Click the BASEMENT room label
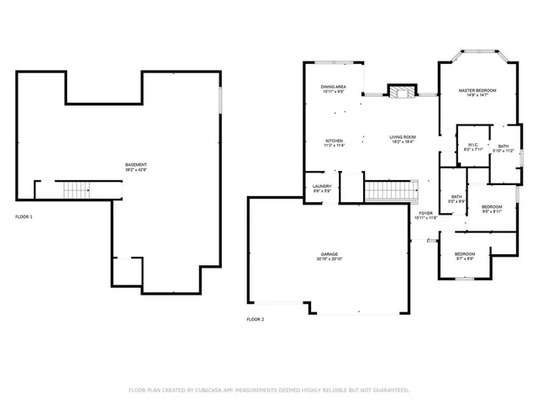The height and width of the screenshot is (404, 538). coord(136,164)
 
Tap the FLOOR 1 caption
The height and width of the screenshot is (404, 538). coord(24,217)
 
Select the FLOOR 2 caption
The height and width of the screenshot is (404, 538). coord(255,320)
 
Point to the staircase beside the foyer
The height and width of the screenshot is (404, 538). coord(391,191)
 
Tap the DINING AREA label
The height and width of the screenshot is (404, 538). coord(334,87)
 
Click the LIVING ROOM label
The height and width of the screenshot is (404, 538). coord(403,136)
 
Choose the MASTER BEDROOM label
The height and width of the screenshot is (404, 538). coord(477,90)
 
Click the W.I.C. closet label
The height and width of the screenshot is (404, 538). coord(473,144)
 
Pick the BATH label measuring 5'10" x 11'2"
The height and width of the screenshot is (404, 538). coord(503,146)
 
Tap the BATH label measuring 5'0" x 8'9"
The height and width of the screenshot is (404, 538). coord(456,197)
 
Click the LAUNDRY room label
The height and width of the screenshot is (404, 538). coord(322,186)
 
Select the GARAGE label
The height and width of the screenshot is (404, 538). coord(329,253)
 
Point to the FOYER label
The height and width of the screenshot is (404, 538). coord(425,214)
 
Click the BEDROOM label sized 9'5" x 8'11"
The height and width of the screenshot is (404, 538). coord(492,207)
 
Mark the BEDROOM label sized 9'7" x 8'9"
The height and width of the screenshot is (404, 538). coord(465,254)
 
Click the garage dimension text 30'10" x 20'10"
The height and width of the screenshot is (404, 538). coord(329,258)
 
